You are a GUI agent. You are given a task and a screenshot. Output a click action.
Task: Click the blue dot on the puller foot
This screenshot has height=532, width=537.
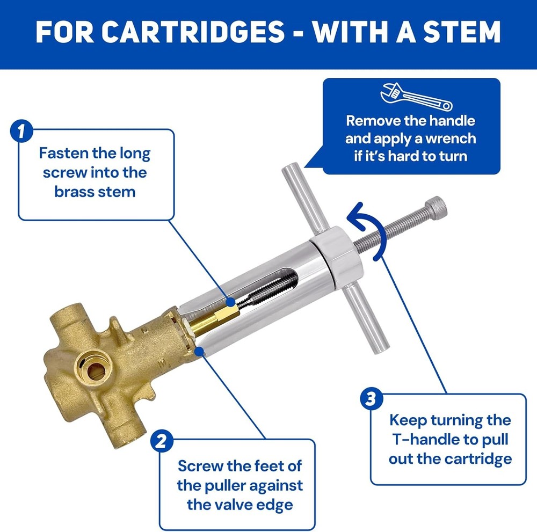point(200,351)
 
